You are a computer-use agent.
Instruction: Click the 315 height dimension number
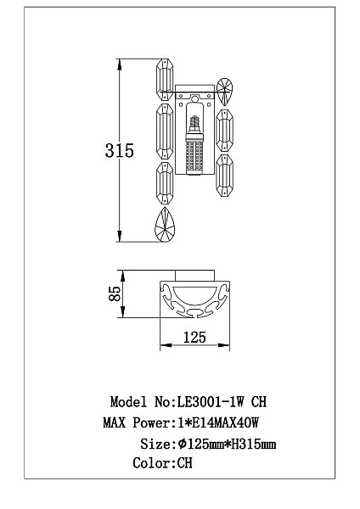119,151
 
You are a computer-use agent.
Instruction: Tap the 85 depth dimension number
115,294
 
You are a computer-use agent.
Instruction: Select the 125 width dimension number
194,338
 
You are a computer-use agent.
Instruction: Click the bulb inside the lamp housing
194,145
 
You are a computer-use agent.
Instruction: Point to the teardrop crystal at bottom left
165,225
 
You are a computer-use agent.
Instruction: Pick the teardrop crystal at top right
224,92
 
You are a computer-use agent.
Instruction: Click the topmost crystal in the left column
165,80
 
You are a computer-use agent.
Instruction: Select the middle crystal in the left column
165,131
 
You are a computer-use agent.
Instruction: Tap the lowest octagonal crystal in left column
165,183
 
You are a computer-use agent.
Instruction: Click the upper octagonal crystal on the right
224,131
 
